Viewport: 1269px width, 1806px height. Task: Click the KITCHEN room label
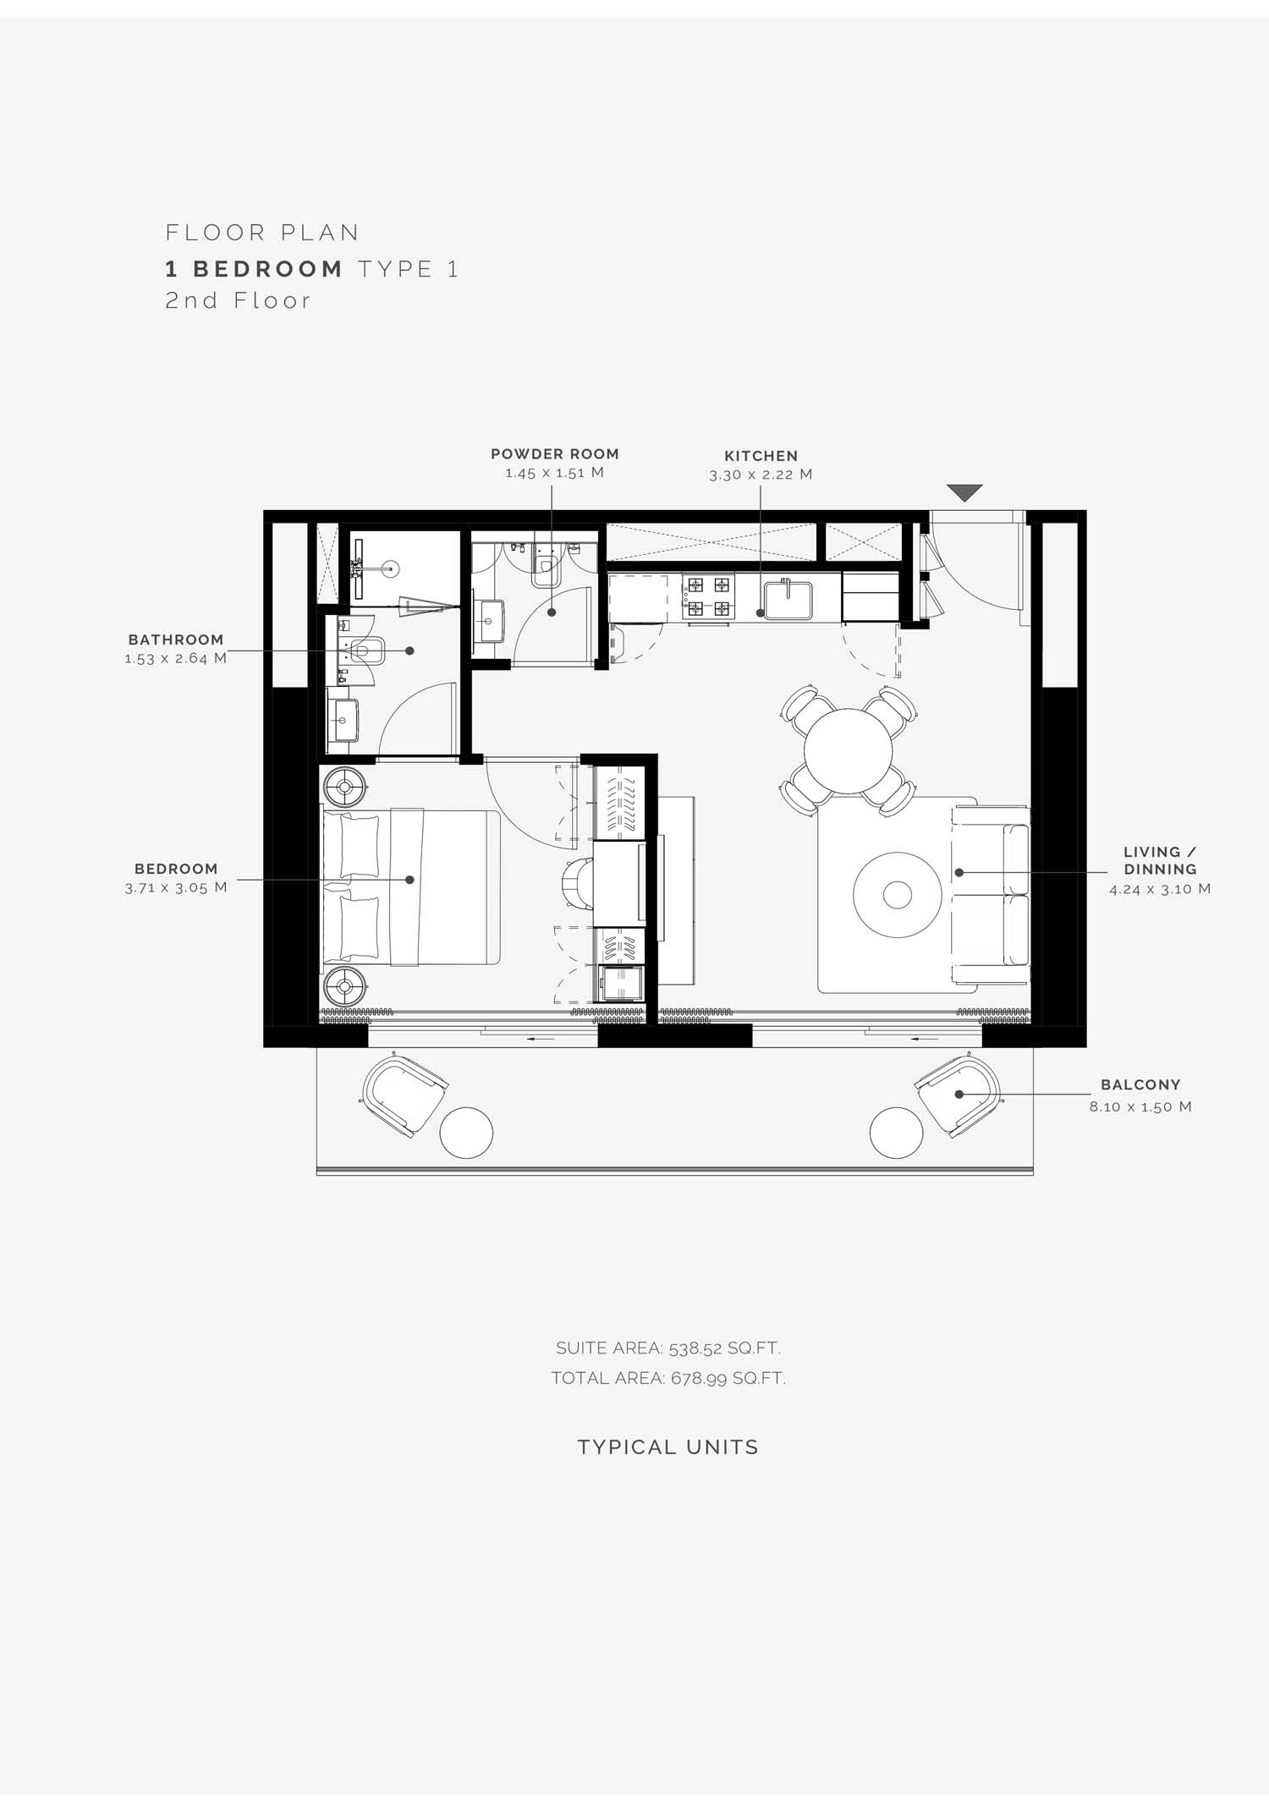[761, 456]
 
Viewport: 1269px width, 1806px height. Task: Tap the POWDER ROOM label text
[555, 454]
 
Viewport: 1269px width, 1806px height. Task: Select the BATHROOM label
[176, 640]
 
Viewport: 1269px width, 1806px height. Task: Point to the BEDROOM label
[176, 869]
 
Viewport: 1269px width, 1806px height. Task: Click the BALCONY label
[1140, 1084]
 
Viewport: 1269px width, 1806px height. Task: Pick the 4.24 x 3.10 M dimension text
[1160, 889]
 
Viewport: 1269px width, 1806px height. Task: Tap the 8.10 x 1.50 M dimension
[1140, 1106]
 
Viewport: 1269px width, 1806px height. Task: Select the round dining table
[848, 751]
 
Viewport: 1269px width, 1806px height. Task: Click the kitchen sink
[788, 599]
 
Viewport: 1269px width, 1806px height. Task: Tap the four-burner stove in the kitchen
[707, 597]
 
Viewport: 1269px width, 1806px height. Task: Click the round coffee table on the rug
[897, 894]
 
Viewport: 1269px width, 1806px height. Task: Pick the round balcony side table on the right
[897, 1133]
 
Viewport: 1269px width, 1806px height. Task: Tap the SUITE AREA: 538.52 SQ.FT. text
[668, 1348]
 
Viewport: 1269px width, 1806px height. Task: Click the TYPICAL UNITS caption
[668, 1447]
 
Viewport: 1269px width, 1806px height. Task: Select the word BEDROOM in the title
[268, 269]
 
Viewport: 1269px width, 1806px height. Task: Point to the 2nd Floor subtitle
[238, 300]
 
